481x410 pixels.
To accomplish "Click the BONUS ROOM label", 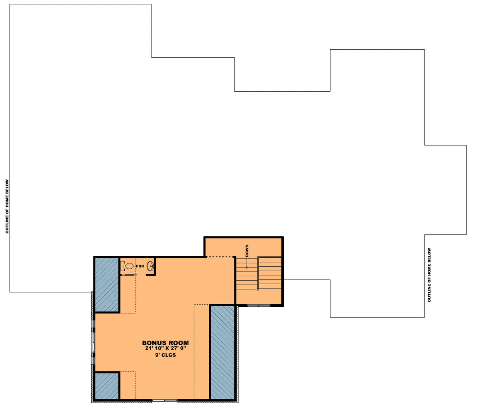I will pos(165,343).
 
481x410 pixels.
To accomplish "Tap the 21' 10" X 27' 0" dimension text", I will pos(166,348).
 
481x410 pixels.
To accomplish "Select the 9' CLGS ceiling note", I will pos(166,355).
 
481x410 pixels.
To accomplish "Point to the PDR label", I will pos(140,266).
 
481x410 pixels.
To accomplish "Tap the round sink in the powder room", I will pos(151,266).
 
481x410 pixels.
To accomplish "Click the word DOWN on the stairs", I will pos(247,251).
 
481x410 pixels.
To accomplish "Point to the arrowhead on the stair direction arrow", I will pos(247,267).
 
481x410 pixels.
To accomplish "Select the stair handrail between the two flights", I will pos(259,273).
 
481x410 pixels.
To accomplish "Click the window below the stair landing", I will pos(259,305).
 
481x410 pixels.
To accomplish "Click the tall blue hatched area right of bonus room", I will pos(222,352).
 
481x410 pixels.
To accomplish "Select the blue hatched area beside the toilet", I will pos(107,284).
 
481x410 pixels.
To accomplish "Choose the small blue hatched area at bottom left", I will pos(107,386).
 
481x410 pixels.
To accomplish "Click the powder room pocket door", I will pos(129,275).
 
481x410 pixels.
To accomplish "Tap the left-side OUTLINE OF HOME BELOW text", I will pos(7,206).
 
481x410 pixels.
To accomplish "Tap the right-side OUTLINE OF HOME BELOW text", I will pos(429,275).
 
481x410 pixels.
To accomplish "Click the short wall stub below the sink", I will pos(151,275).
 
